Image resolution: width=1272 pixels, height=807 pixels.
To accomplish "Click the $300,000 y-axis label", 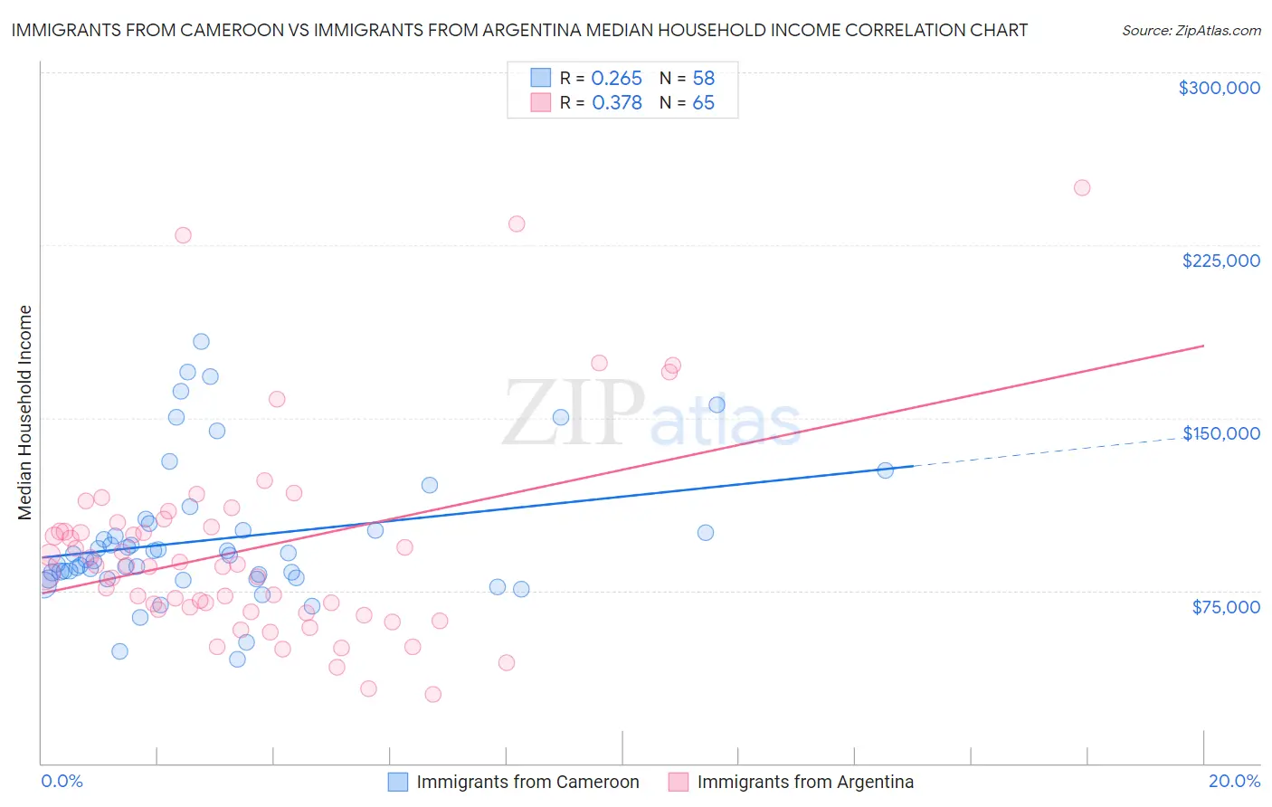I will [x=1219, y=88].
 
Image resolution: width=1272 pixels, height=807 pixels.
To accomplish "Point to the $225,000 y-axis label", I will [x=1220, y=261].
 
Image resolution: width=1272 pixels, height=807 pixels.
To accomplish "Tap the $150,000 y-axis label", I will [x=1220, y=433].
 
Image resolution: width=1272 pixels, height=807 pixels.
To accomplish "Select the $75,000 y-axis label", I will [x=1226, y=607].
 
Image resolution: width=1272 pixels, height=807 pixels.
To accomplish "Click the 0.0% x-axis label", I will [x=62, y=781].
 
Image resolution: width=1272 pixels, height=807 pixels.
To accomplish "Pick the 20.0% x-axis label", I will [x=1234, y=781].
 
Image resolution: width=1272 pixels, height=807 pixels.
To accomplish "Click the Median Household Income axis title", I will [x=24, y=413].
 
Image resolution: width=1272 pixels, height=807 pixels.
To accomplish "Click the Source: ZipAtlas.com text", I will [x=1191, y=31].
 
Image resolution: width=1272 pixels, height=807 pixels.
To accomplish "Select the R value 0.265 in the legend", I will [x=616, y=79].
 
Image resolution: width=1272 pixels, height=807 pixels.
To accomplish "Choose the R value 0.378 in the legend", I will [x=616, y=103].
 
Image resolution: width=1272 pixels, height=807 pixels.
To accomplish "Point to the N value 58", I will [x=703, y=79].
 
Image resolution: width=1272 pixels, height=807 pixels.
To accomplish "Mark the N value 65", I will [x=703, y=103].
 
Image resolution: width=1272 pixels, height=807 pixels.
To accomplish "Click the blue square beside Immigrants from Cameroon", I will [x=398, y=782].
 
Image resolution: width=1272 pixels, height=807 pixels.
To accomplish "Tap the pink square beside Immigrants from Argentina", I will [x=679, y=782].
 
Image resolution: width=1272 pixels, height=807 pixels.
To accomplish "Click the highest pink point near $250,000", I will [x=1081, y=188].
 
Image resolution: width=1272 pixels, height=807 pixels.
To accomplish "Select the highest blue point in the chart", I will [x=201, y=342].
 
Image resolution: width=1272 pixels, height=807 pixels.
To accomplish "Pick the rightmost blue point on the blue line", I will [x=885, y=470].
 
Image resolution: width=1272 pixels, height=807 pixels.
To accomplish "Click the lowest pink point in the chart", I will [x=432, y=695].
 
